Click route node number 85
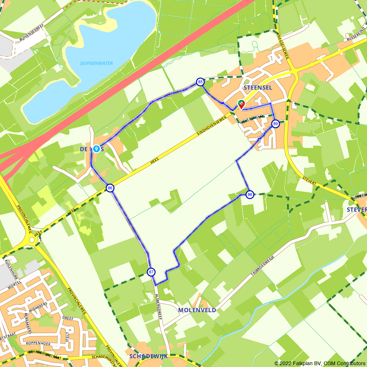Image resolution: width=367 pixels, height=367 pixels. point(200,82)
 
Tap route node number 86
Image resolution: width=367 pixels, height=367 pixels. point(110,188)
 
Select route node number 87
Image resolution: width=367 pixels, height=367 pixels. point(151,272)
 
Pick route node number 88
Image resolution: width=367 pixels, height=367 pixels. point(250,195)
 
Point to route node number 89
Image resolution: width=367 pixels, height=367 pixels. point(276,124)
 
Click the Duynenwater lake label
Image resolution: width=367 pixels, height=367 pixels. point(97,63)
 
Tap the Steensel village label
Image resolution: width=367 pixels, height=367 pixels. point(258,88)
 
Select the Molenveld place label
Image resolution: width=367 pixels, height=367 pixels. point(197,310)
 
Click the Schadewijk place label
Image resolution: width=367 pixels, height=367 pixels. point(148,356)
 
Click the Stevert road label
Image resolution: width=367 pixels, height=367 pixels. point(309,181)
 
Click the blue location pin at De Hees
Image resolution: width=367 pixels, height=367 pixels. point(96,149)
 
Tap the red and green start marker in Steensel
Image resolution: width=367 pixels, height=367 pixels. point(241,104)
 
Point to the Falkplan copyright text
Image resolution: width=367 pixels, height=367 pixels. point(319,363)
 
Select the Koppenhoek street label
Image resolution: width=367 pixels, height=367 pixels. point(38,344)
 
